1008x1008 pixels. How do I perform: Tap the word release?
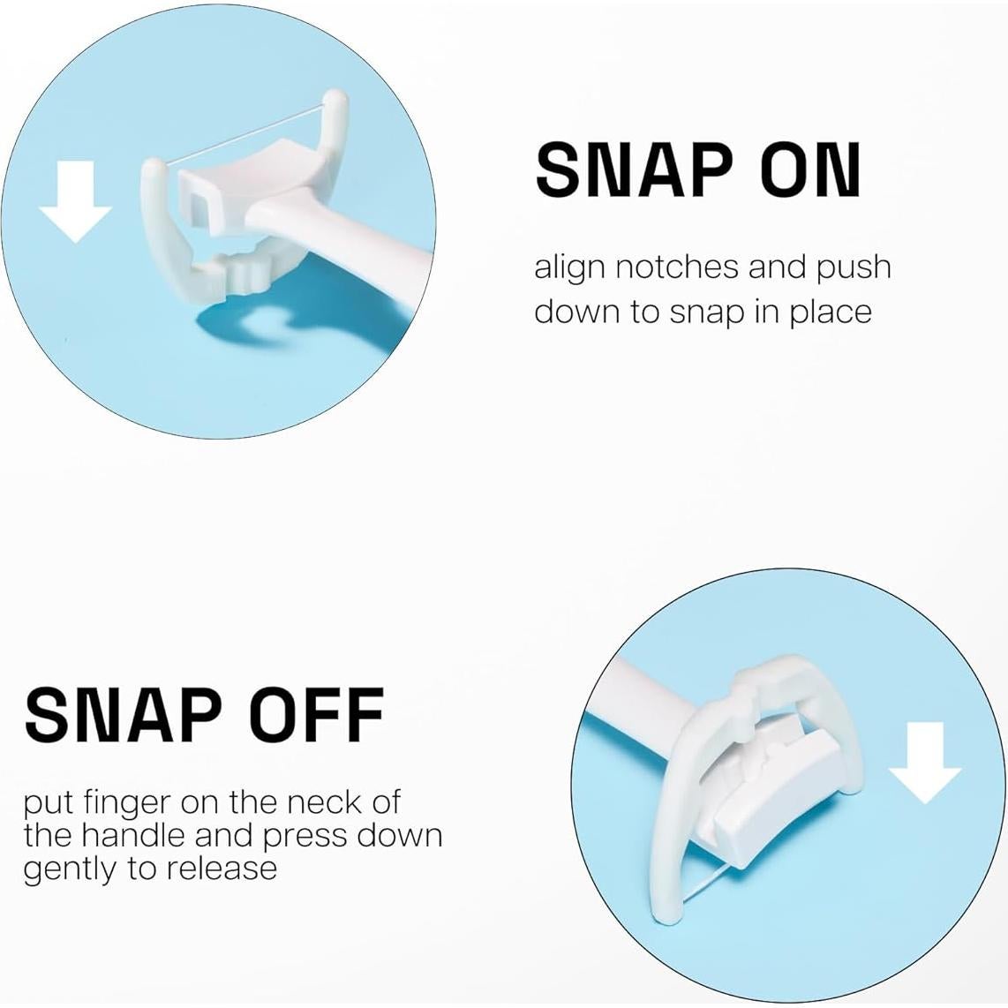coord(221,868)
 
